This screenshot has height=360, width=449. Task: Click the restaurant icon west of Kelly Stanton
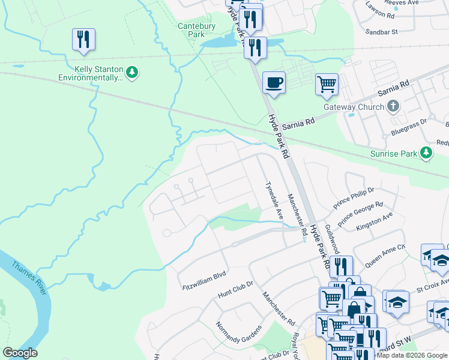[x=83, y=40]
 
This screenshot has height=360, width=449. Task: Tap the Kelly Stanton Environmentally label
[x=90, y=73]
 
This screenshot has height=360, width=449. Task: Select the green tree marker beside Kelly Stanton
[x=132, y=73]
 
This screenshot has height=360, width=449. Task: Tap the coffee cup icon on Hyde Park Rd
[x=274, y=82]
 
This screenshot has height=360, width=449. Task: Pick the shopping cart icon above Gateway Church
[x=327, y=84]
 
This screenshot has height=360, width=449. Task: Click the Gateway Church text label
[x=354, y=107]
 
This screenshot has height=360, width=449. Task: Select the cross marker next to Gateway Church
[x=393, y=107]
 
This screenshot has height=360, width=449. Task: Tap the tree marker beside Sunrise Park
[x=426, y=153]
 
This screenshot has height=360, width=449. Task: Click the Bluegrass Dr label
[x=408, y=121]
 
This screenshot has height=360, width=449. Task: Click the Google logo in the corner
[x=20, y=353]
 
